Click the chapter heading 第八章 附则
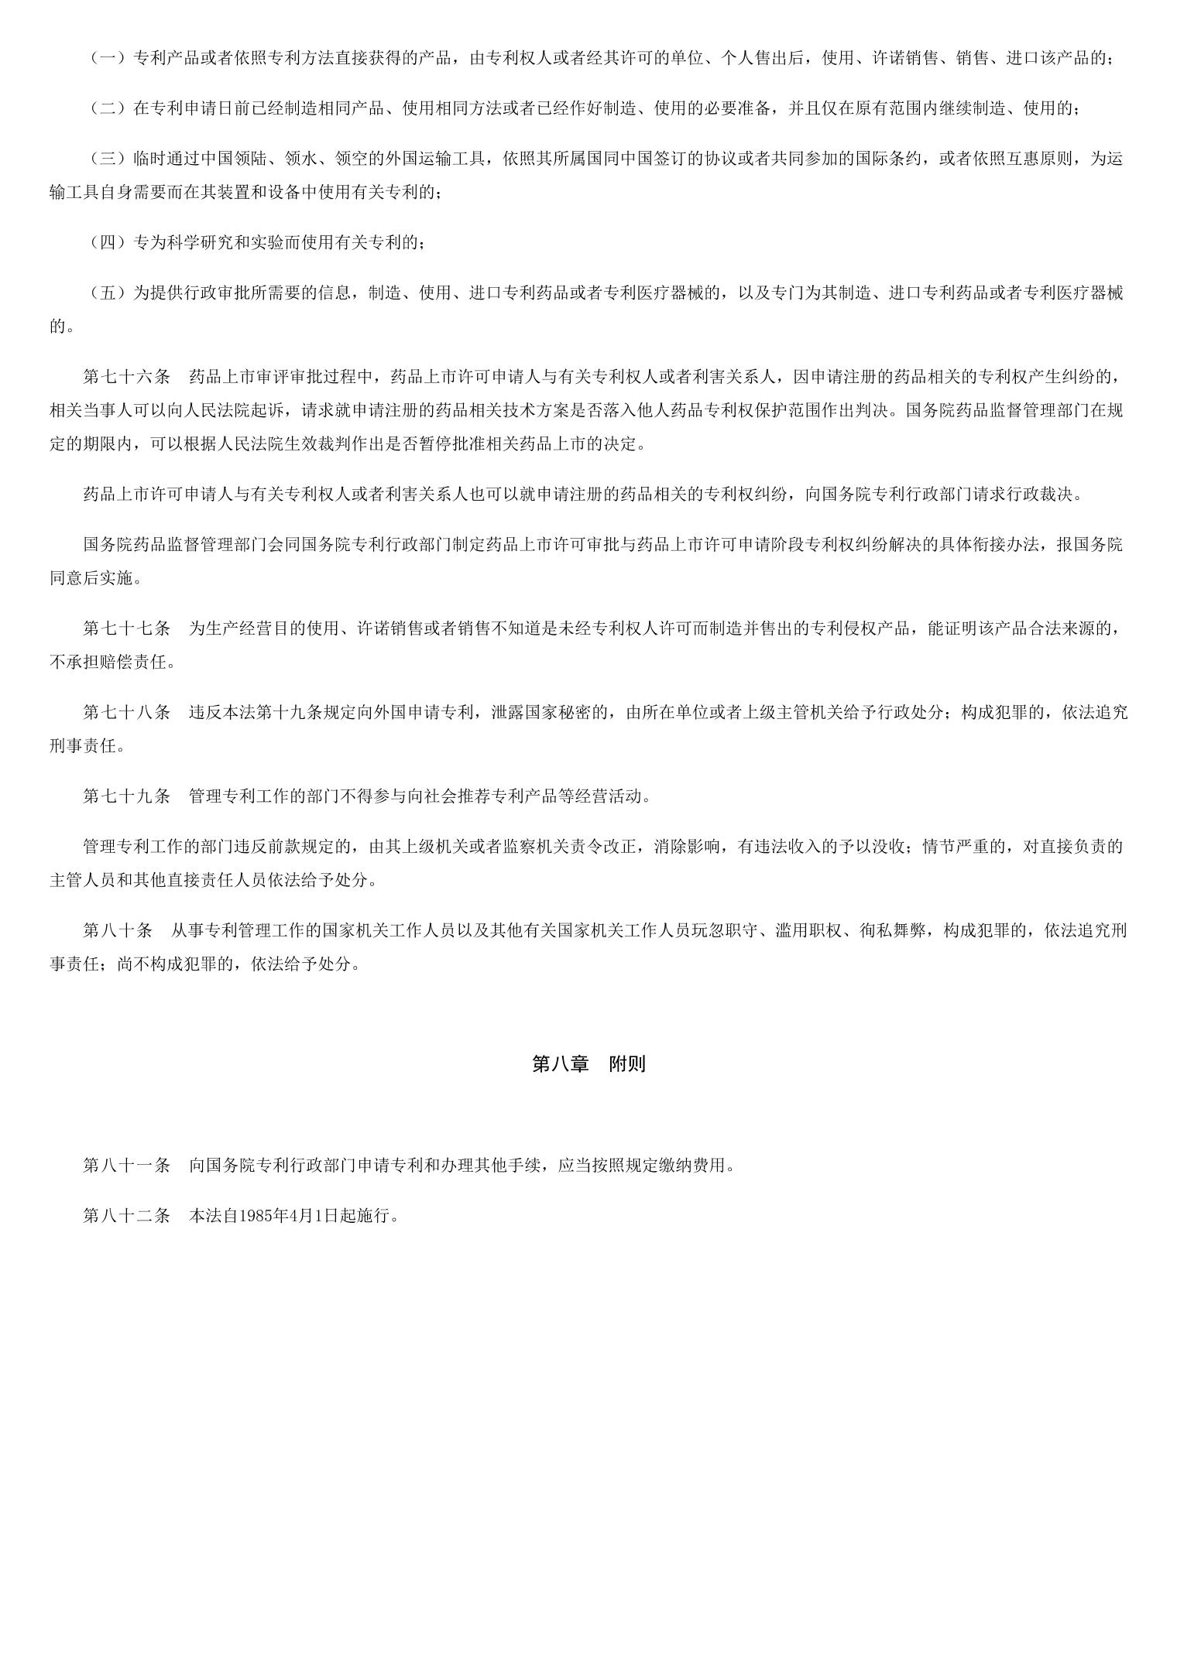[x=588, y=1064]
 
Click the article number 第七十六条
[x=126, y=377]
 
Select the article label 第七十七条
[x=126, y=628]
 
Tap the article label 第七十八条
[x=126, y=712]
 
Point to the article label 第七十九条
[x=126, y=796]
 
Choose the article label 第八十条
[x=118, y=930]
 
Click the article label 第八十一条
[x=126, y=1166]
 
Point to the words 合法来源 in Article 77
[x=1075, y=628]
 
